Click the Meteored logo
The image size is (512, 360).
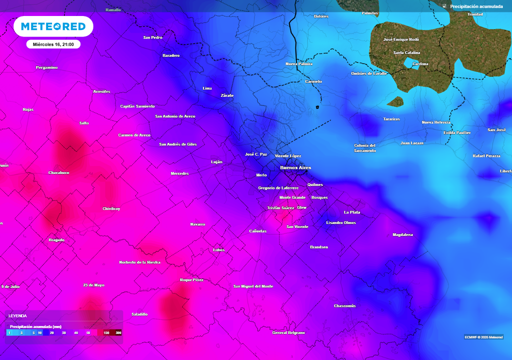pyautogui.click(x=53, y=26)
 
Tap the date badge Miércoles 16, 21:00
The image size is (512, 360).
pyautogui.click(x=53, y=44)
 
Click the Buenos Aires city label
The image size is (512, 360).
pyautogui.click(x=295, y=167)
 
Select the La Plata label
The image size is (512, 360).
pyautogui.click(x=352, y=212)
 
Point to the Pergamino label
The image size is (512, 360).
pyautogui.click(x=46, y=67)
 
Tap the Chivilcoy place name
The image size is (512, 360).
pyautogui.click(x=111, y=208)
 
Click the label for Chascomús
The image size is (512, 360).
pyautogui.click(x=345, y=306)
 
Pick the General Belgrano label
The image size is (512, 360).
pyautogui.click(x=288, y=332)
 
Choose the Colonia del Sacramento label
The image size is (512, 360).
pyautogui.click(x=364, y=148)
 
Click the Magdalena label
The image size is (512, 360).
pyautogui.click(x=402, y=234)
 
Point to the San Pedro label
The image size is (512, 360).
pyautogui.click(x=152, y=37)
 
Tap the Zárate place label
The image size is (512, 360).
pyautogui.click(x=227, y=95)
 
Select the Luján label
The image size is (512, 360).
pyautogui.click(x=216, y=162)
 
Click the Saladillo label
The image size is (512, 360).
pyautogui.click(x=139, y=314)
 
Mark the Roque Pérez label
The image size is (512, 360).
pyautogui.click(x=191, y=280)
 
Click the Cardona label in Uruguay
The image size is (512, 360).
pyautogui.click(x=420, y=64)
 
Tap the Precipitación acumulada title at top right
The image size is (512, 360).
pyautogui.click(x=476, y=6)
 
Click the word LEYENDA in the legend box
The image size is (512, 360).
pyautogui.click(x=17, y=316)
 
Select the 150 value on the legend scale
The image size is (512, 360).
pyautogui.click(x=106, y=332)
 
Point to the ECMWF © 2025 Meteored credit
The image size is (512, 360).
pyautogui.click(x=484, y=336)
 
